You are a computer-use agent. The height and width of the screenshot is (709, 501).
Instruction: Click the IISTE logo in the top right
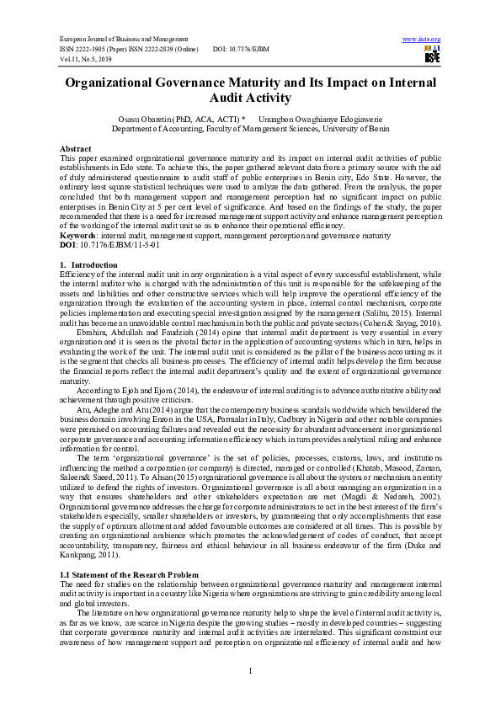pos(432,56)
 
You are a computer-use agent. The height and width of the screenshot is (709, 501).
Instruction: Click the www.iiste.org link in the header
pos(422,40)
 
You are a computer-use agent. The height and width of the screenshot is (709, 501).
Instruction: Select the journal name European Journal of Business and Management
pos(115,40)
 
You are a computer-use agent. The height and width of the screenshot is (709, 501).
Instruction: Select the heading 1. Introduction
pos(83,264)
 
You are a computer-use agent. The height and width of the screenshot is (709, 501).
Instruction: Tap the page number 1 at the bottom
pos(250,670)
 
